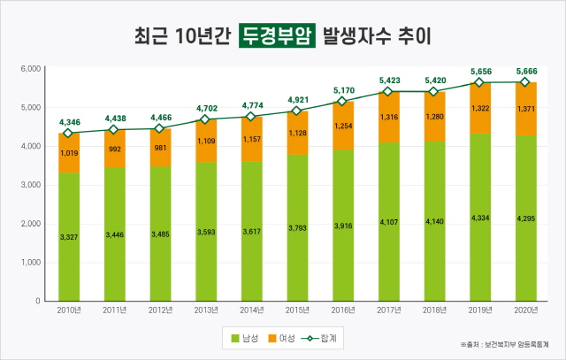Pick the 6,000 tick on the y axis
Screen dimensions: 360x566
click(30, 68)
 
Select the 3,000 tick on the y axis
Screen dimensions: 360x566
click(30, 185)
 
